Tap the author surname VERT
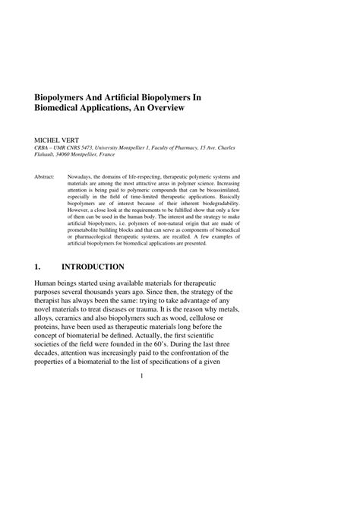pyautogui.click(x=72, y=141)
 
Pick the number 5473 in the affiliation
pyautogui.click(x=103, y=150)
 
